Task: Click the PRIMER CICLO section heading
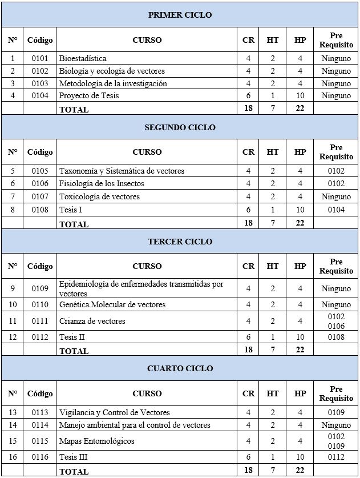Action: [x=180, y=15]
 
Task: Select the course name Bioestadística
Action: [x=83, y=58]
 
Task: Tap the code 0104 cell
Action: [x=40, y=96]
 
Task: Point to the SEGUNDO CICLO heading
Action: [x=180, y=127]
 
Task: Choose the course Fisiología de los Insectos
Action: [x=102, y=184]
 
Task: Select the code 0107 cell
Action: [x=40, y=197]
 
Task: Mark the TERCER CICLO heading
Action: [x=180, y=242]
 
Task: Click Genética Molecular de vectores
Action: [x=112, y=305]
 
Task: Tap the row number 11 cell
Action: [x=13, y=322]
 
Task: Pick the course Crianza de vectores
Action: [x=92, y=322]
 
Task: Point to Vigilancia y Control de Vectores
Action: [x=115, y=413]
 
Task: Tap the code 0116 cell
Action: [x=40, y=457]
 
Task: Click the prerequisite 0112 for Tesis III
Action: [x=336, y=457]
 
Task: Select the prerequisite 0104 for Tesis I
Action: [x=336, y=210]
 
